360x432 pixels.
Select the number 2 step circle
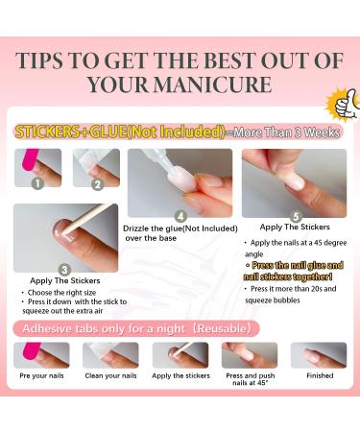point(97,181)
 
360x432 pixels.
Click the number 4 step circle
point(180,216)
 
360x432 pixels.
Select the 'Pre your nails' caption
point(41,376)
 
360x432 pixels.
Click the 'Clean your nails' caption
point(109,376)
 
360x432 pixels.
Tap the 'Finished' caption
point(319,376)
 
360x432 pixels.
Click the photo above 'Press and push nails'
point(249,355)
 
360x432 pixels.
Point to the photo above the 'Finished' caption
point(319,355)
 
